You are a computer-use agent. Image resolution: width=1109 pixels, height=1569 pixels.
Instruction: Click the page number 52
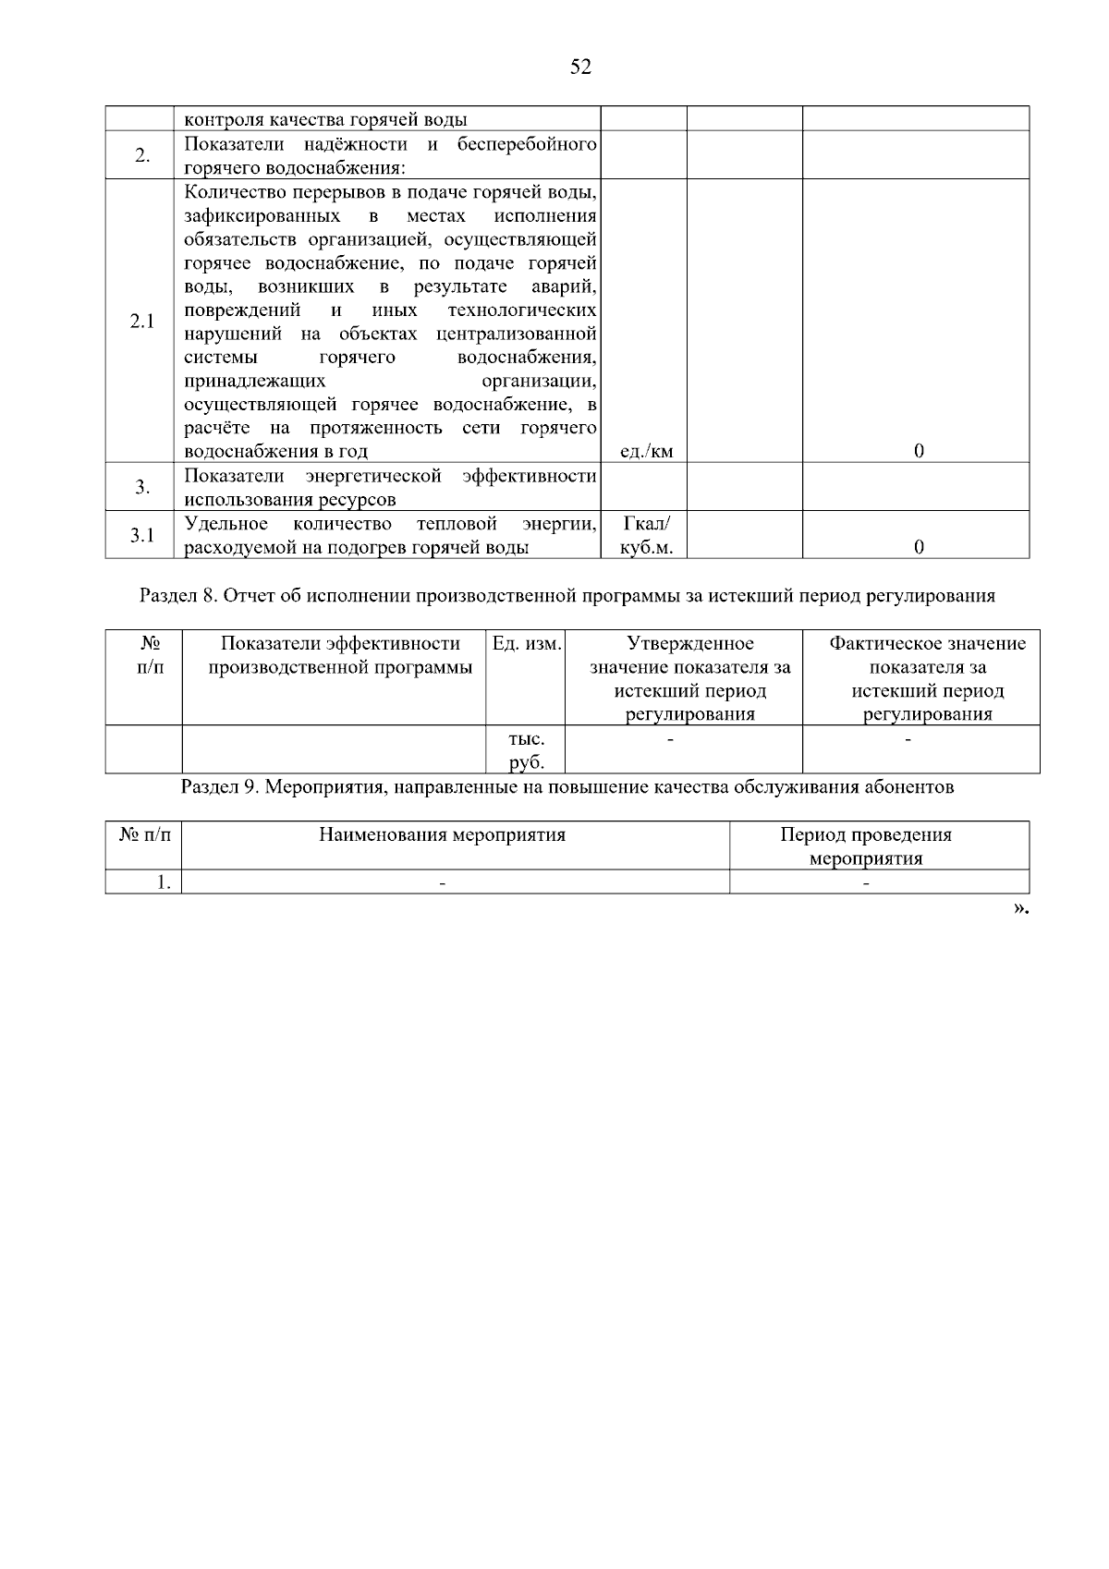click(x=580, y=67)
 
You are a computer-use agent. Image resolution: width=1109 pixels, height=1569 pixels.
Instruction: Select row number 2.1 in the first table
click(x=142, y=322)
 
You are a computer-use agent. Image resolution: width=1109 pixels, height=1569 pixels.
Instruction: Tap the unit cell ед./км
click(x=646, y=451)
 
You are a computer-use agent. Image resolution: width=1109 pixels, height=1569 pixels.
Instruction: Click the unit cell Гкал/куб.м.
click(x=646, y=536)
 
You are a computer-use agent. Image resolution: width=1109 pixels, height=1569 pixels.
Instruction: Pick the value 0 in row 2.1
click(x=919, y=451)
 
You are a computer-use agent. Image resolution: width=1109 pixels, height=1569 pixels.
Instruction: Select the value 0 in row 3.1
click(x=919, y=547)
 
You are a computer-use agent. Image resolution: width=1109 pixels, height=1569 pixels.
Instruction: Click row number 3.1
click(x=142, y=535)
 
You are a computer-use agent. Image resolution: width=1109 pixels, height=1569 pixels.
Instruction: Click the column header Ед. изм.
click(x=527, y=644)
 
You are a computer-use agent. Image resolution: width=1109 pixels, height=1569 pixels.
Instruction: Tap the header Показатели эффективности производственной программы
click(x=340, y=655)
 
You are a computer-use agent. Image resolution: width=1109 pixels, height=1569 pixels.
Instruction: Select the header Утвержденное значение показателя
click(x=689, y=678)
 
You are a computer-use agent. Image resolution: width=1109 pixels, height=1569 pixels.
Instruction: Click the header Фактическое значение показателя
click(x=927, y=678)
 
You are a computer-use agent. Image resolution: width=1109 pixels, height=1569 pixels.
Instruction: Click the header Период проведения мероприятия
click(x=866, y=846)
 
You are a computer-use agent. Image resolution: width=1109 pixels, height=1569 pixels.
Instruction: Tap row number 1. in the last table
click(x=164, y=882)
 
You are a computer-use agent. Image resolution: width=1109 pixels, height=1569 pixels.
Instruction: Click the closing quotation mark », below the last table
click(x=1020, y=909)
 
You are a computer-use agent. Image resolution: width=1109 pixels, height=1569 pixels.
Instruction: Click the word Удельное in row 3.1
click(x=226, y=524)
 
